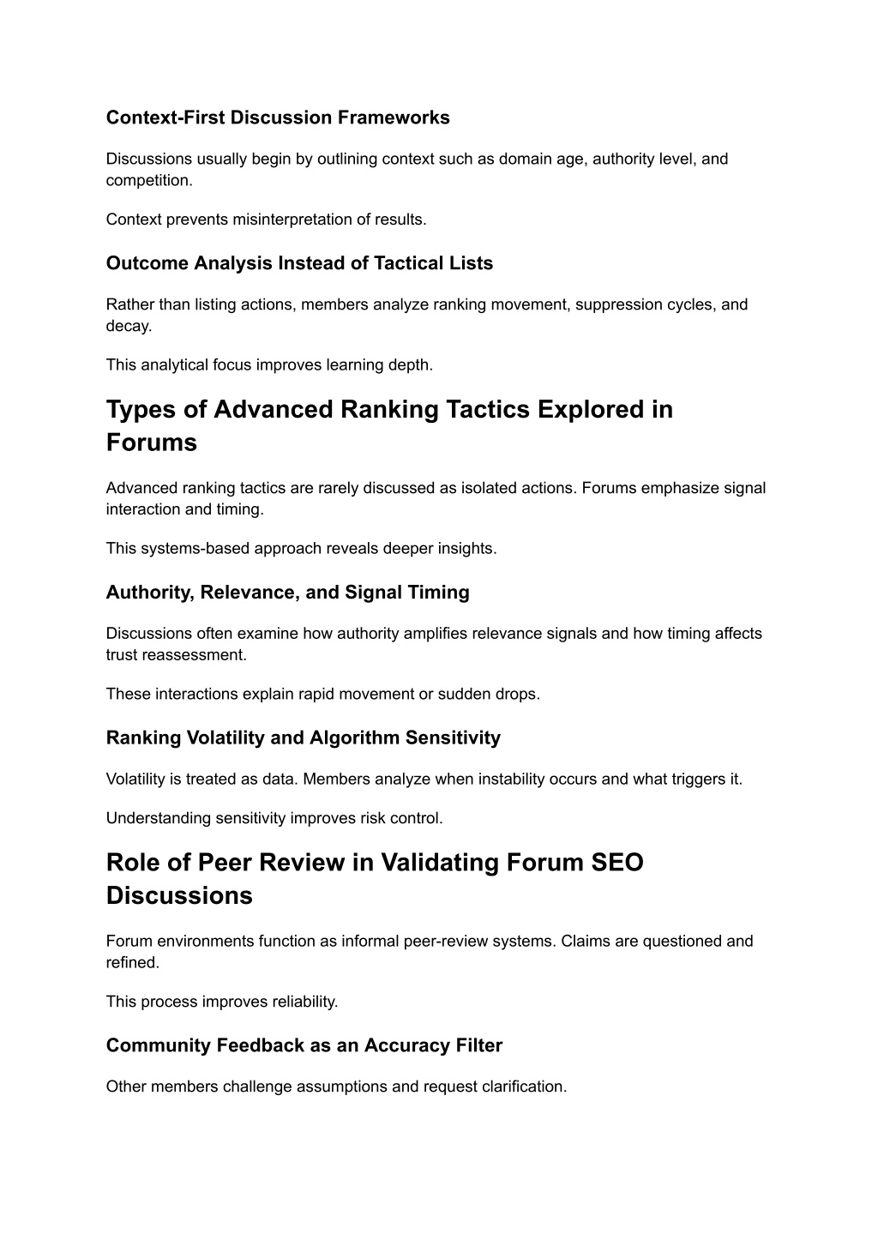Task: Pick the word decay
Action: pos(128,326)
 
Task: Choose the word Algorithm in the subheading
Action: pos(353,738)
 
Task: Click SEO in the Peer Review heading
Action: pos(617,863)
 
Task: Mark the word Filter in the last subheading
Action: pos(475,1045)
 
